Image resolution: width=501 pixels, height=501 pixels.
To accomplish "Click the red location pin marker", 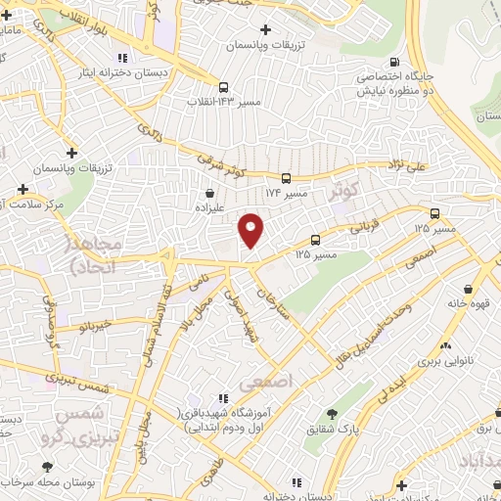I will pos(251,229).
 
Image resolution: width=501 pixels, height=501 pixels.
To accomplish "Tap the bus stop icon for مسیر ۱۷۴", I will pos(286,178).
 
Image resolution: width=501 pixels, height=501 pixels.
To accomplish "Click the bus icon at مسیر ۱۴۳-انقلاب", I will pos(224,86).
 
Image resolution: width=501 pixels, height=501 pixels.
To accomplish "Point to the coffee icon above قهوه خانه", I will pos(471,290).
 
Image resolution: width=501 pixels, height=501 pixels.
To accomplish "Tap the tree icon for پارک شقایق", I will pos(330,414).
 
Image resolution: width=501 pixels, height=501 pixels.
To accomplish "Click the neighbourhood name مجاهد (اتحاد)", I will pos(94,252).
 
